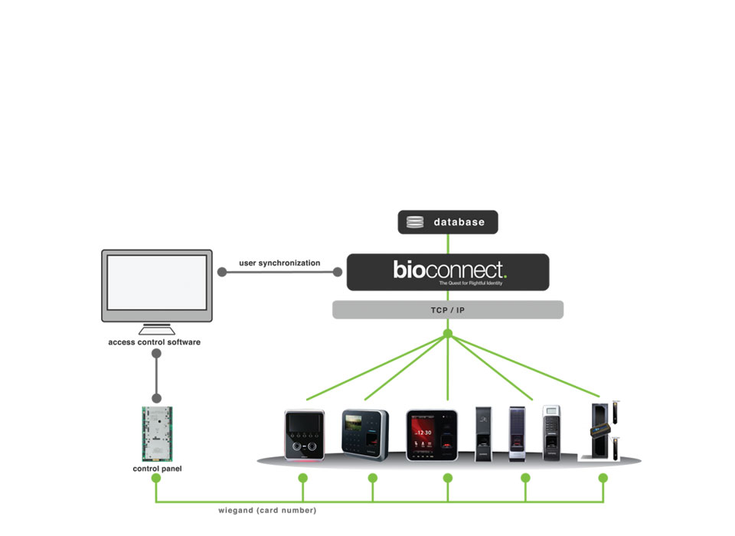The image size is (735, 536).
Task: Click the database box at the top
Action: coord(448,222)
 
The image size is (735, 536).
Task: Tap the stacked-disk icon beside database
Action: coord(415,222)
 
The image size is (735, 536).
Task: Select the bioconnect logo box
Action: coord(448,272)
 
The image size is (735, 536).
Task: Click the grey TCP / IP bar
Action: coord(448,309)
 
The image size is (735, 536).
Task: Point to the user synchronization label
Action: coord(279,263)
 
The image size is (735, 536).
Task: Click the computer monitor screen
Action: coord(156,282)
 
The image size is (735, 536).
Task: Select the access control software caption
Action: coord(155,342)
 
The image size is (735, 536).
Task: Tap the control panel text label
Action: coord(157,469)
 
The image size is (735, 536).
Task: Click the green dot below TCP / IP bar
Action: coord(448,333)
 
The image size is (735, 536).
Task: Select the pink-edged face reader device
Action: coord(304,434)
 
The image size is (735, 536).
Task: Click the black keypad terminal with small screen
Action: coord(364,434)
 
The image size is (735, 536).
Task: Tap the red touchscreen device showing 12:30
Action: coord(432,434)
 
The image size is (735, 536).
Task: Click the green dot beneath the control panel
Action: coord(156,478)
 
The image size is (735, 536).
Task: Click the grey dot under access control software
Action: coord(156,355)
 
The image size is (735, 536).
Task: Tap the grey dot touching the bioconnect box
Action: coord(338,272)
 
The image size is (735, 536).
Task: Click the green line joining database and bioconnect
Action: coord(448,243)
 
